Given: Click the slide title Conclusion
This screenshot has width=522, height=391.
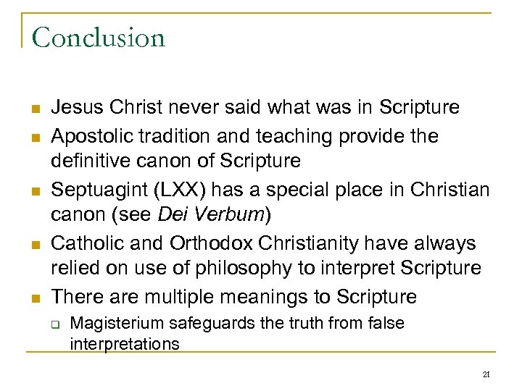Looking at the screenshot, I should click(99, 38).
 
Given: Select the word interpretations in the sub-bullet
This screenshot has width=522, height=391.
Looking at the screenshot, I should click(124, 342).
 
